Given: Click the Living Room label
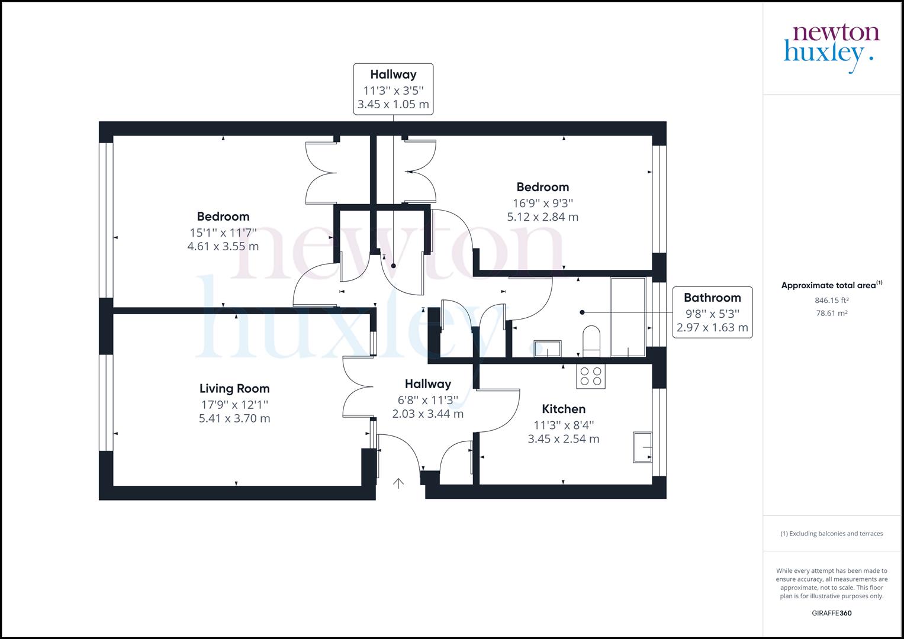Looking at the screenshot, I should (x=234, y=389).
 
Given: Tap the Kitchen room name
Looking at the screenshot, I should (x=564, y=409).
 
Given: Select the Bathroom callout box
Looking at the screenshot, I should (x=712, y=312).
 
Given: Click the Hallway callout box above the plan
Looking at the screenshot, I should (x=393, y=89).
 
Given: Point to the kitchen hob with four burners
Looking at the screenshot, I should (x=591, y=376).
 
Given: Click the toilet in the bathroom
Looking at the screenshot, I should (x=591, y=341).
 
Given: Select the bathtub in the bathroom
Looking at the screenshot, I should (x=628, y=317).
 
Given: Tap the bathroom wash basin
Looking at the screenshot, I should (x=548, y=348).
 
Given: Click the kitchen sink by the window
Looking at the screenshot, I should (x=642, y=447).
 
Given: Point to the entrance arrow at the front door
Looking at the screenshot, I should (x=398, y=483).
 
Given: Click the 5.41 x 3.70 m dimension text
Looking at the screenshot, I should (x=234, y=419).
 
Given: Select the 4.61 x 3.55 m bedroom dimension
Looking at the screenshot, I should (x=223, y=247).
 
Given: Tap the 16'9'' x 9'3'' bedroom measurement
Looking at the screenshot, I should (x=542, y=202).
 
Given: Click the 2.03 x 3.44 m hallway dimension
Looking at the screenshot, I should (x=427, y=414).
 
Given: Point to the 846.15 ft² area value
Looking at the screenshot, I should (x=831, y=301).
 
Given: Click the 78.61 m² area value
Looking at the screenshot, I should (x=831, y=314).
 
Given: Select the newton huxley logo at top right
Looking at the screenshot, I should (x=831, y=47).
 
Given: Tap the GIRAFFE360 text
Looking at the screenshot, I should (x=831, y=614).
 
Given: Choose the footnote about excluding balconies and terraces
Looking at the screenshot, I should (x=831, y=534).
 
